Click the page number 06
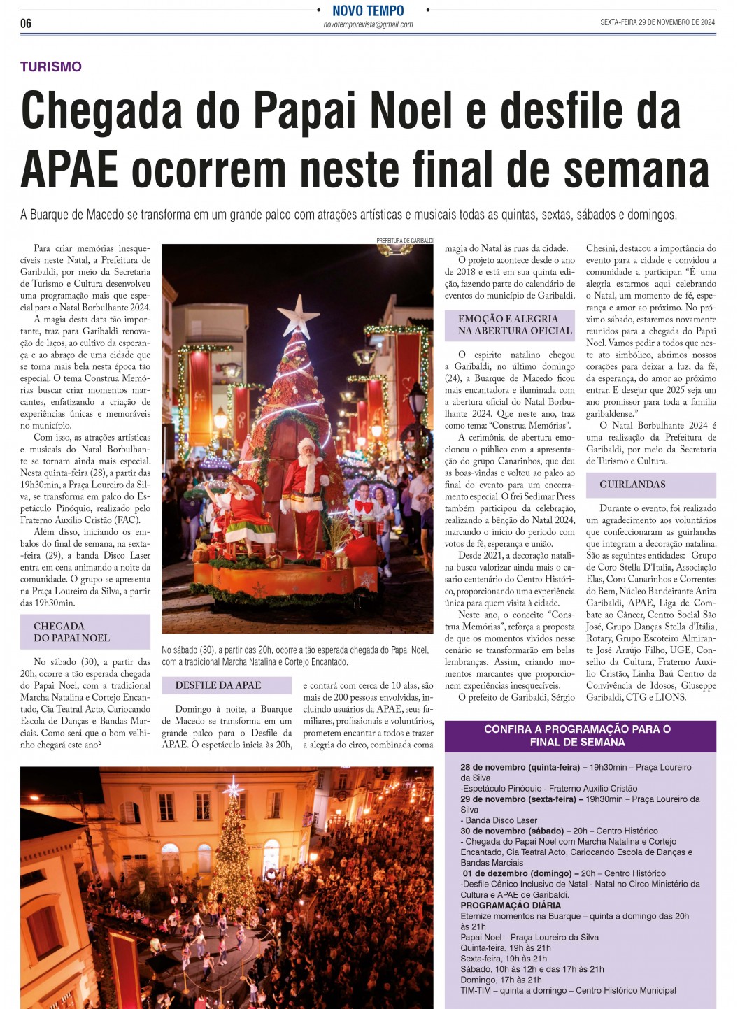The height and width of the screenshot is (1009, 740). pos(26,23)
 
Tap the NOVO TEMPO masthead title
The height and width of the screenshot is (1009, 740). pos(368,10)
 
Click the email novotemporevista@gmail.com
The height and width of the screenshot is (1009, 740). pos(368,24)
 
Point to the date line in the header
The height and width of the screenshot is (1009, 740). pos(657,22)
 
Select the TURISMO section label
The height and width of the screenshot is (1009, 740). pos(51,67)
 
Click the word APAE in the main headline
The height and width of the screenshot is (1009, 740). pos(69,170)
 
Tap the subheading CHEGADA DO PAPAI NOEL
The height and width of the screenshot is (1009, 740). pos(72,632)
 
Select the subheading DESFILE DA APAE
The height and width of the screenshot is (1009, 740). pos(218,685)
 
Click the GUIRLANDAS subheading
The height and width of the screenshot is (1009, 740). pos(632,485)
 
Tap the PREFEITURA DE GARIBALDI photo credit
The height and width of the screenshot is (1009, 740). pos(404,241)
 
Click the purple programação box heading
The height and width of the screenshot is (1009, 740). pos(577,736)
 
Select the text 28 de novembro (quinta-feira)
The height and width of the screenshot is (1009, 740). pos(520,767)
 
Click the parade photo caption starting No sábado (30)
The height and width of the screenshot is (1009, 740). pos(294,656)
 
